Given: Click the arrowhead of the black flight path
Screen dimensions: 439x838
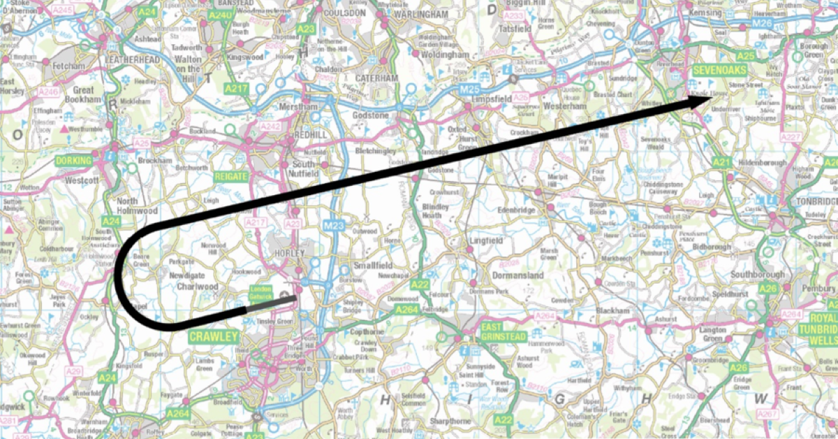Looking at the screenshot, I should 694,100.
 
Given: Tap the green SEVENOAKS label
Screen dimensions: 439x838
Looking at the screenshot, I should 719,71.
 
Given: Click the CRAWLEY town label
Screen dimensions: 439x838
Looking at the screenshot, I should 212,337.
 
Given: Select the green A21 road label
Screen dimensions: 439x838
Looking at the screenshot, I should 721,162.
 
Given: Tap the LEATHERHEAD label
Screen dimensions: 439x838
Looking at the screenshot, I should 133,61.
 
